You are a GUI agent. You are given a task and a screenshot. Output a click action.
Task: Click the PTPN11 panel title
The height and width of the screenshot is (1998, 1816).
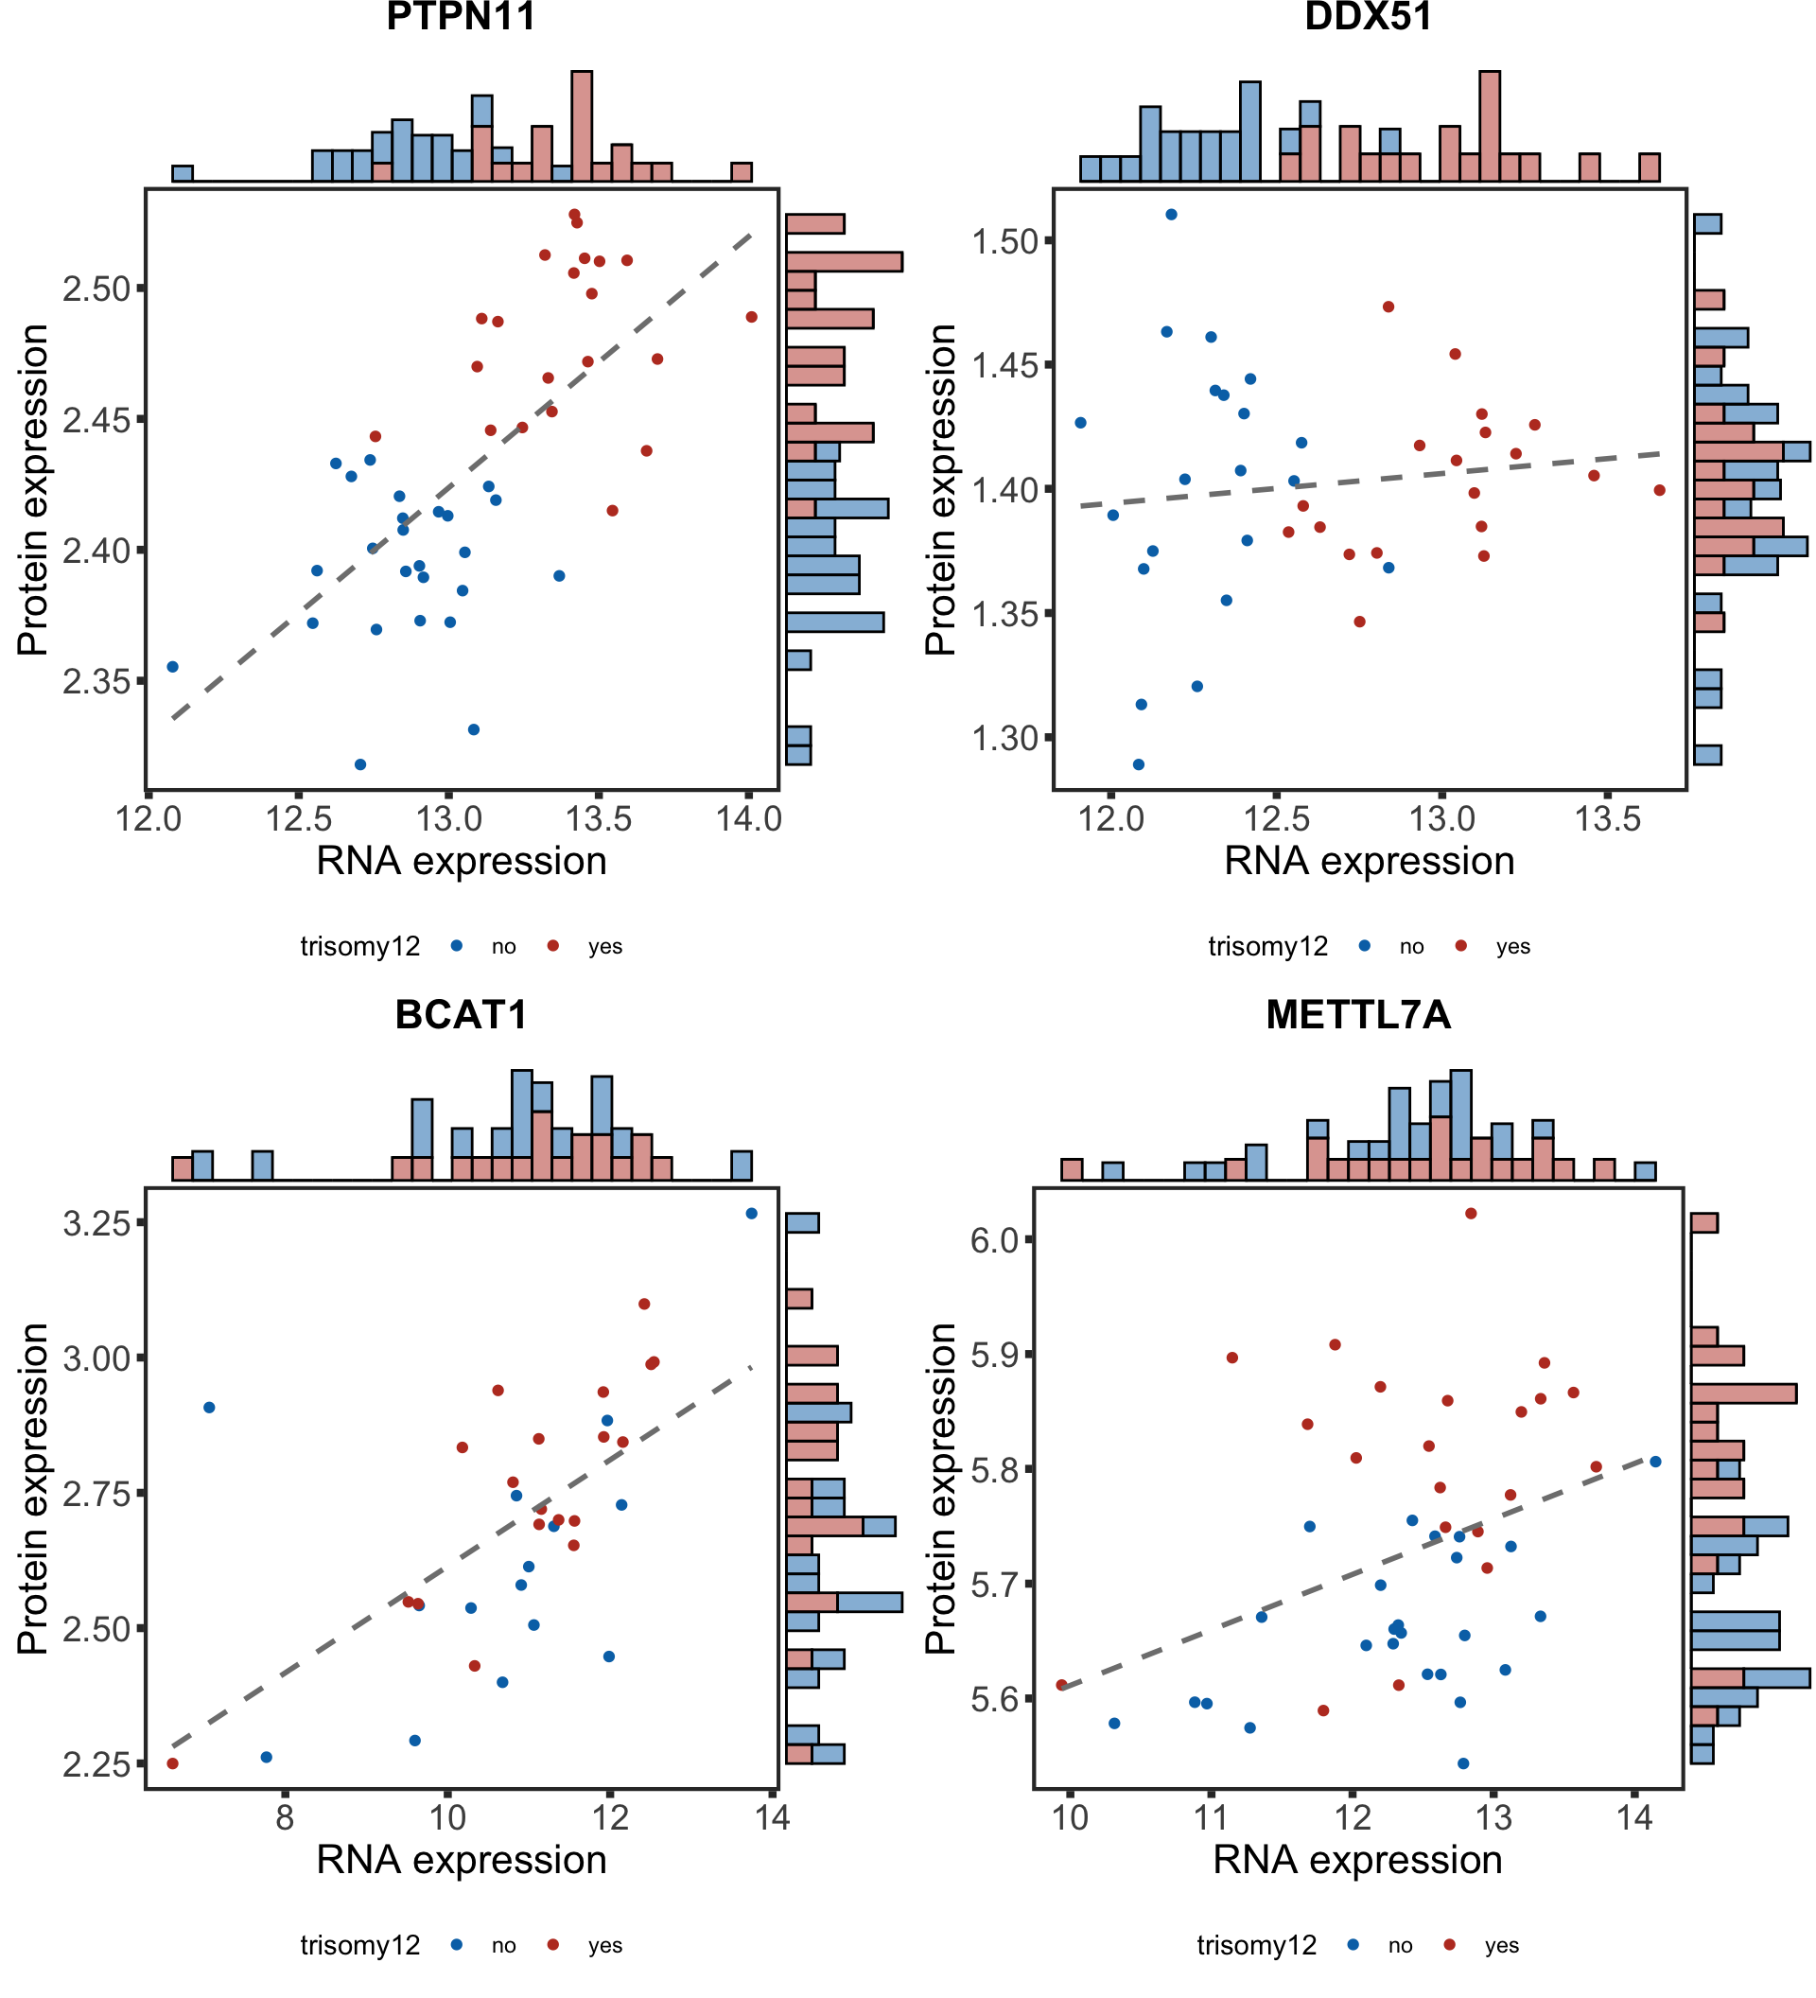[461, 17]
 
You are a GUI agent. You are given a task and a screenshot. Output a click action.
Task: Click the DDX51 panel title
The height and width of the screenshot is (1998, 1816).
[1369, 17]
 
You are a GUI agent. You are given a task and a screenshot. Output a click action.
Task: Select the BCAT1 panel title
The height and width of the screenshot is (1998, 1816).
[461, 1015]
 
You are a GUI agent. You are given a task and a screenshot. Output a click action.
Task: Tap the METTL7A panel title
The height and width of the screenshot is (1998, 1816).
[1357, 1015]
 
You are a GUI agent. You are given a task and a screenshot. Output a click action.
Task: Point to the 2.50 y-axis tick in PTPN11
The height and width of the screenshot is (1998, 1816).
[96, 289]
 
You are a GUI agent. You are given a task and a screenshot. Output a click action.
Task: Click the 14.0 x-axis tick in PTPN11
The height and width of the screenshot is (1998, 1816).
[748, 819]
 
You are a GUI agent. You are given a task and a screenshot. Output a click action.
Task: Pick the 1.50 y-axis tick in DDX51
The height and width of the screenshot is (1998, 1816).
[1004, 241]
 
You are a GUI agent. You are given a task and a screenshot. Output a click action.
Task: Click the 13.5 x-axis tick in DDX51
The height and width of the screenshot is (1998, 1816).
[1607, 819]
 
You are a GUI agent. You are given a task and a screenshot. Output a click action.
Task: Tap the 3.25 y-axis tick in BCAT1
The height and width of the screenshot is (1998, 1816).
[96, 1223]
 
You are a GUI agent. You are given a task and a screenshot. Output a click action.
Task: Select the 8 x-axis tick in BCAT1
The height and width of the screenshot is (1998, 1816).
[285, 1817]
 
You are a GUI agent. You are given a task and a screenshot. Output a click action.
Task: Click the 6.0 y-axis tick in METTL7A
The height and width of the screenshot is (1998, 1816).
[999, 1240]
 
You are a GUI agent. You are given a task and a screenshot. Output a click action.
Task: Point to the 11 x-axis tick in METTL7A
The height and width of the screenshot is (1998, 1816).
[1210, 1817]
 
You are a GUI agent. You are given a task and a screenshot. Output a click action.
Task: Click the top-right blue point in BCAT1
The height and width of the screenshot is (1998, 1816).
[751, 1213]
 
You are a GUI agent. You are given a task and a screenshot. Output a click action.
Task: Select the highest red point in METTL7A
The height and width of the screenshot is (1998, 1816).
[1470, 1213]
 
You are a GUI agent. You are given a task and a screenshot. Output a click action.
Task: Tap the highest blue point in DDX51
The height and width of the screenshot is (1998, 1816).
[1171, 214]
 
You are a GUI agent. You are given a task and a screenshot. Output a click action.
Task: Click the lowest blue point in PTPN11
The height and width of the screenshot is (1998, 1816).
[360, 764]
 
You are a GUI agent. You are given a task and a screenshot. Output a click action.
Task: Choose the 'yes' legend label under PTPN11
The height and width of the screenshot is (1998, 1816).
[604, 946]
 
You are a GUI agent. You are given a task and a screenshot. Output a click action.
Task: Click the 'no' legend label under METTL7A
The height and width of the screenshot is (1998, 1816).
[1400, 1945]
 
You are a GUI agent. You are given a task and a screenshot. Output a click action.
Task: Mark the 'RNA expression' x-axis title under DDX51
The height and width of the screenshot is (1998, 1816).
[1370, 861]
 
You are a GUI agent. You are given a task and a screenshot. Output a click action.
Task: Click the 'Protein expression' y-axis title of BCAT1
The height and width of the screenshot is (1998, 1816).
[33, 1487]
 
